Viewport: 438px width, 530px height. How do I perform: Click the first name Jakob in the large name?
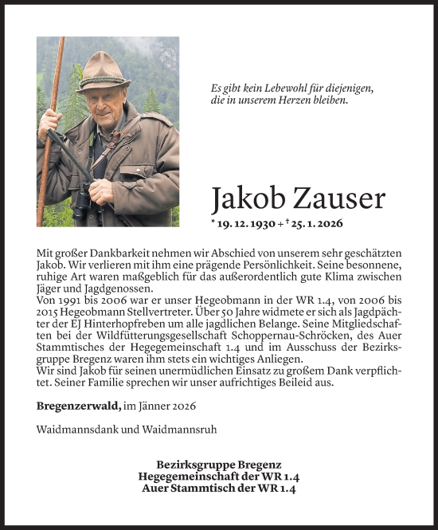(247, 199)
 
